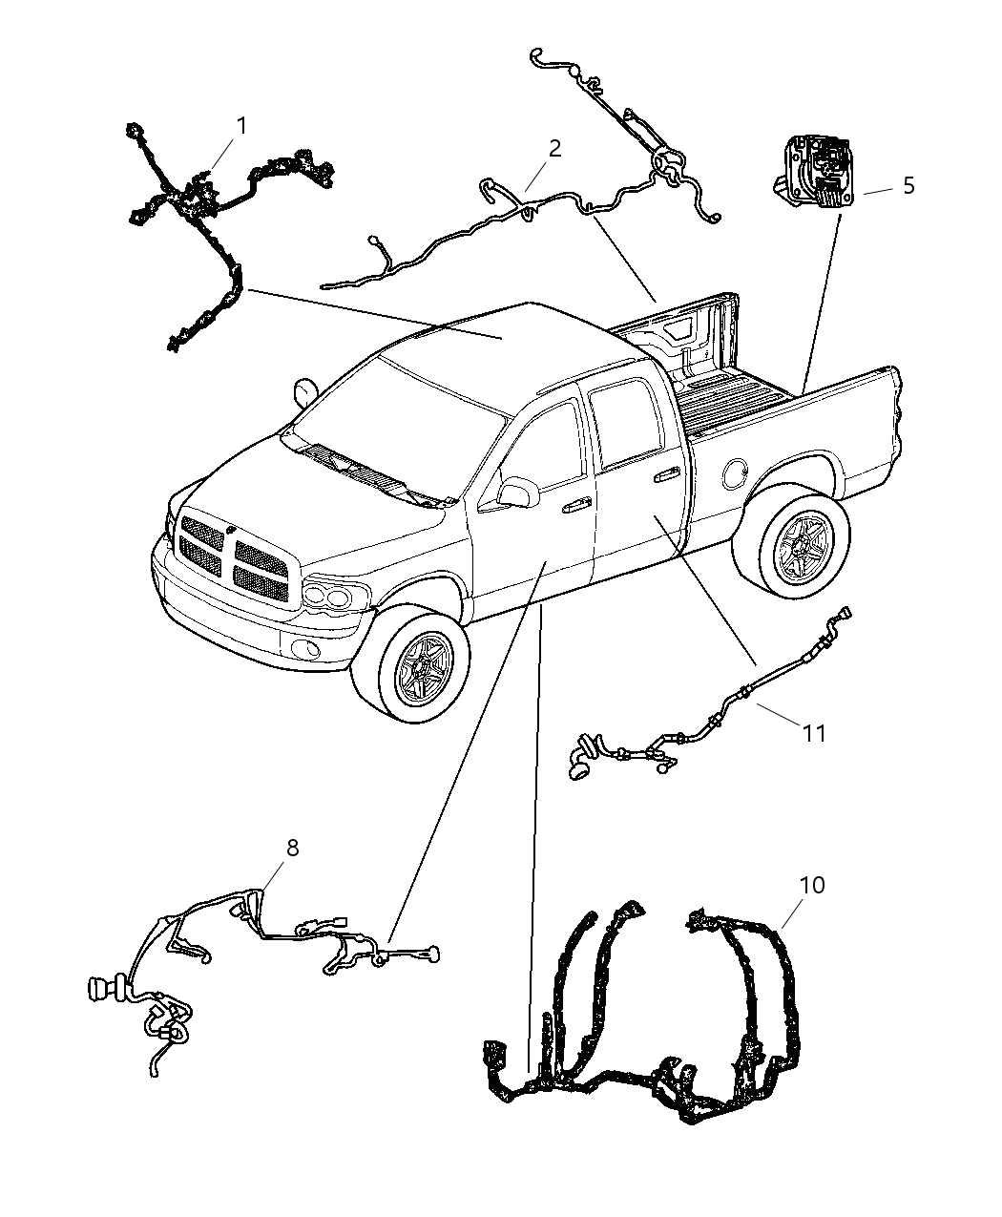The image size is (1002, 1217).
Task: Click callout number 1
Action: tap(241, 126)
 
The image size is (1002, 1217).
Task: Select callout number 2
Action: tap(553, 148)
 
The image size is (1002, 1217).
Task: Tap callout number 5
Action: tap(908, 185)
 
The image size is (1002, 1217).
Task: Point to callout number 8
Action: tap(292, 847)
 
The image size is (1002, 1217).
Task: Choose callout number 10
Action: tap(811, 885)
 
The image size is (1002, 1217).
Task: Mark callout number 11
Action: tap(813, 732)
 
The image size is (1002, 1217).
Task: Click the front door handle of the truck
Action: tap(575, 508)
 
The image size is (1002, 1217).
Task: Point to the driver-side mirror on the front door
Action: tap(517, 491)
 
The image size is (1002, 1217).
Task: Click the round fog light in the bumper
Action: tap(305, 651)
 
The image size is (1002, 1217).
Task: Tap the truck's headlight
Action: tap(329, 597)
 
